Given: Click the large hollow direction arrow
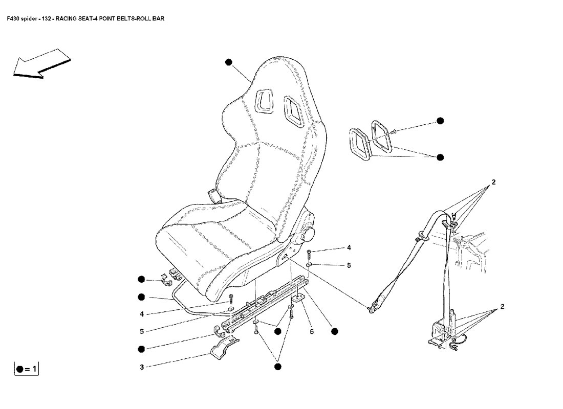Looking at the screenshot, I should pos(41,64).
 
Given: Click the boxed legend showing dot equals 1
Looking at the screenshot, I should pos(26,368).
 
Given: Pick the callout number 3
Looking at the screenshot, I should pos(142,367).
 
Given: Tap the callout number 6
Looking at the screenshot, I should pos(311,332).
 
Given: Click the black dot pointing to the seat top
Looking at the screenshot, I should pos(228,62).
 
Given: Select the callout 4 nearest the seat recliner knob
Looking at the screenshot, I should pos(349,248).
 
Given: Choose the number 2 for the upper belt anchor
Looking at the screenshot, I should pos(494,182).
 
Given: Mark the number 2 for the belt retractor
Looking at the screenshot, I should pos(502,307).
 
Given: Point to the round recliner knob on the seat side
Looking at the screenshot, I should pos(309,233).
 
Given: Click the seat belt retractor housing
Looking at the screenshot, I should pos(440,329).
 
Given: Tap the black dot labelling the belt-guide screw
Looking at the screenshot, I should pos(440,121).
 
